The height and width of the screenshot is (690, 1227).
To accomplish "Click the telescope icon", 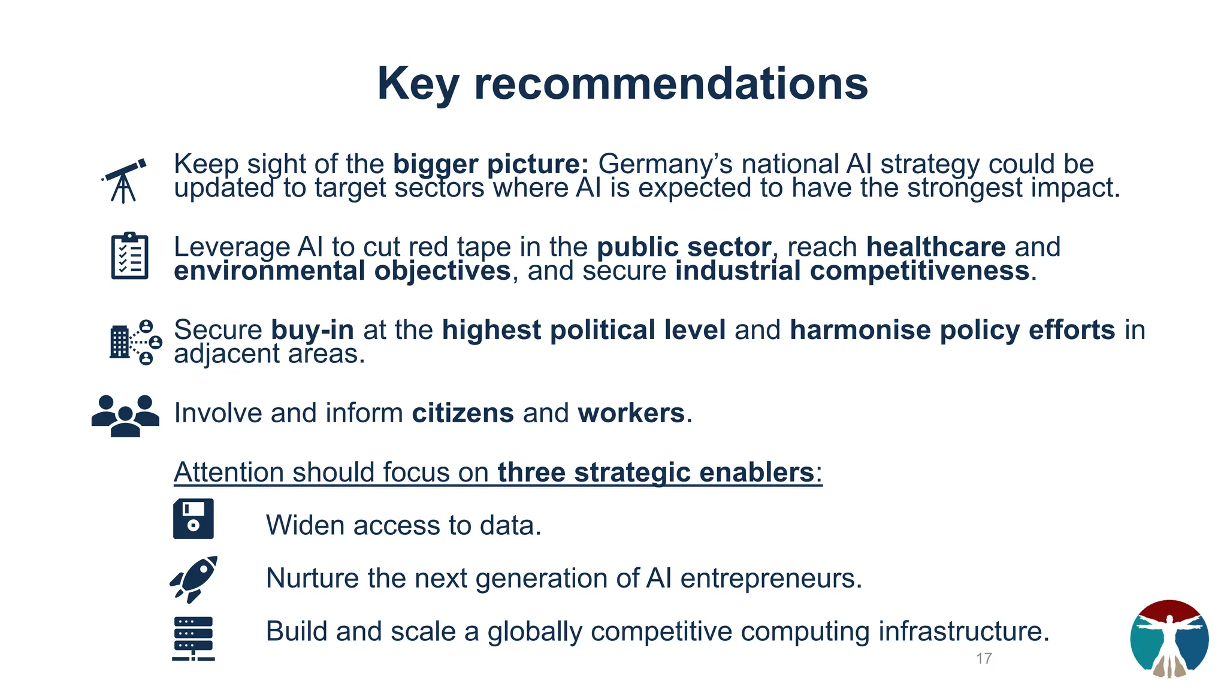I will tap(124, 180).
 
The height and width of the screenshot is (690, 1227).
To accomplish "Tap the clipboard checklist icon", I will tap(129, 256).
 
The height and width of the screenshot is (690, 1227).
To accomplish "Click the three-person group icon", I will tap(125, 415).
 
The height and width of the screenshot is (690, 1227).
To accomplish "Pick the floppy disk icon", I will tap(193, 519).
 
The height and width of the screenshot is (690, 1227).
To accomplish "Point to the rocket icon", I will tap(194, 579).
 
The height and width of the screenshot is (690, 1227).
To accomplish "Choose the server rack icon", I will tap(193, 638).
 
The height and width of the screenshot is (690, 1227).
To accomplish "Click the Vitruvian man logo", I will tap(1169, 639).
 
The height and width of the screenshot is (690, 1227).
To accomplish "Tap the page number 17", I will tap(984, 658).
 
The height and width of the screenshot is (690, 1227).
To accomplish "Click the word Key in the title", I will tap(418, 84).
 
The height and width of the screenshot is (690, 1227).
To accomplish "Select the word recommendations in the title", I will tap(671, 84).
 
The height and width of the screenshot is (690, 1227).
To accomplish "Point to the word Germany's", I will tap(658, 164).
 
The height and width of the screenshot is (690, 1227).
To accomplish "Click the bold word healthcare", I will tap(936, 247).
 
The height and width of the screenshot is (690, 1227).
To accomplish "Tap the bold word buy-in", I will tap(312, 330).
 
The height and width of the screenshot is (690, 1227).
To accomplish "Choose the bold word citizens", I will tap(463, 413).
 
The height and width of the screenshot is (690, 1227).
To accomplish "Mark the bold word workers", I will tap(631, 413).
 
